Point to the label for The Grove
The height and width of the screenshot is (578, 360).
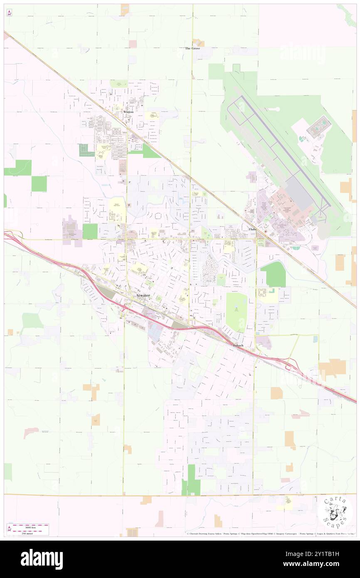(192, 48)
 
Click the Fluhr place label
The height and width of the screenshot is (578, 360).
(252, 229)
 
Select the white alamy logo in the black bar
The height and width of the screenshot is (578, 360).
(42, 559)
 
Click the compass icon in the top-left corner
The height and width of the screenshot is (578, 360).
(9, 12)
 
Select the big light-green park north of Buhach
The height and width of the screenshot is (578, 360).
(237, 312)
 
